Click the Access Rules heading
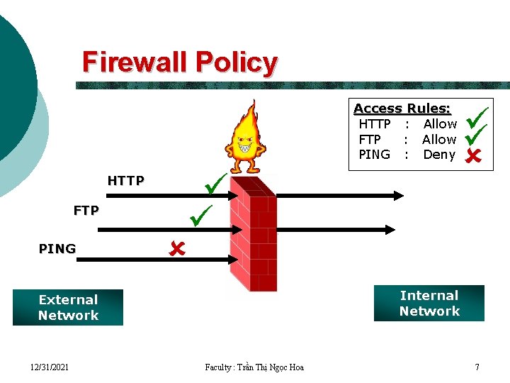click(x=402, y=109)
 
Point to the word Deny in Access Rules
click(x=439, y=155)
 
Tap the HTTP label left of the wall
click(x=125, y=181)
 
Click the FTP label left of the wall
click(x=86, y=211)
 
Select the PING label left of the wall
click(x=57, y=249)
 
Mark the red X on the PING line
click(x=176, y=248)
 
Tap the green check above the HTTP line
click(x=214, y=185)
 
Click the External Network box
click(x=68, y=307)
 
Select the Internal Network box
click(x=429, y=304)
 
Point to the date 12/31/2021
click(x=50, y=367)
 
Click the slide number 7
click(x=477, y=367)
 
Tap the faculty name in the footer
click(x=254, y=367)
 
